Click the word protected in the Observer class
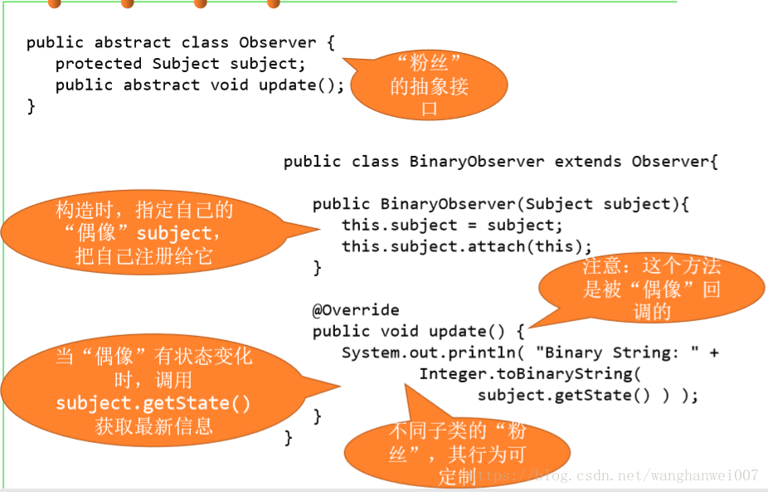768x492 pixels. (99, 64)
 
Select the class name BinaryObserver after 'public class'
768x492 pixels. (477, 162)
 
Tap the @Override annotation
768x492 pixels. (356, 310)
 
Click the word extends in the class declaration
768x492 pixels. (588, 162)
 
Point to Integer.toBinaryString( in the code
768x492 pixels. (530, 374)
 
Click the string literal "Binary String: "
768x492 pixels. (617, 353)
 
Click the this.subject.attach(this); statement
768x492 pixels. (467, 246)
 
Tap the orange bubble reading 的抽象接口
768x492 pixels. (429, 85)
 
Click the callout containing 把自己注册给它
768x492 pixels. (144, 232)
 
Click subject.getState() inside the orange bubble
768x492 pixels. (153, 403)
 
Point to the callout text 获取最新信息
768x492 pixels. (153, 426)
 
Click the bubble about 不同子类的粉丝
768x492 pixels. (456, 452)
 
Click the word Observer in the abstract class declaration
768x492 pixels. (278, 42)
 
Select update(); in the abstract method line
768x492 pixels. (302, 85)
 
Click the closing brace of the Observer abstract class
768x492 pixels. (32, 106)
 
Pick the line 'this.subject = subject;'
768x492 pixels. (452, 226)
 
